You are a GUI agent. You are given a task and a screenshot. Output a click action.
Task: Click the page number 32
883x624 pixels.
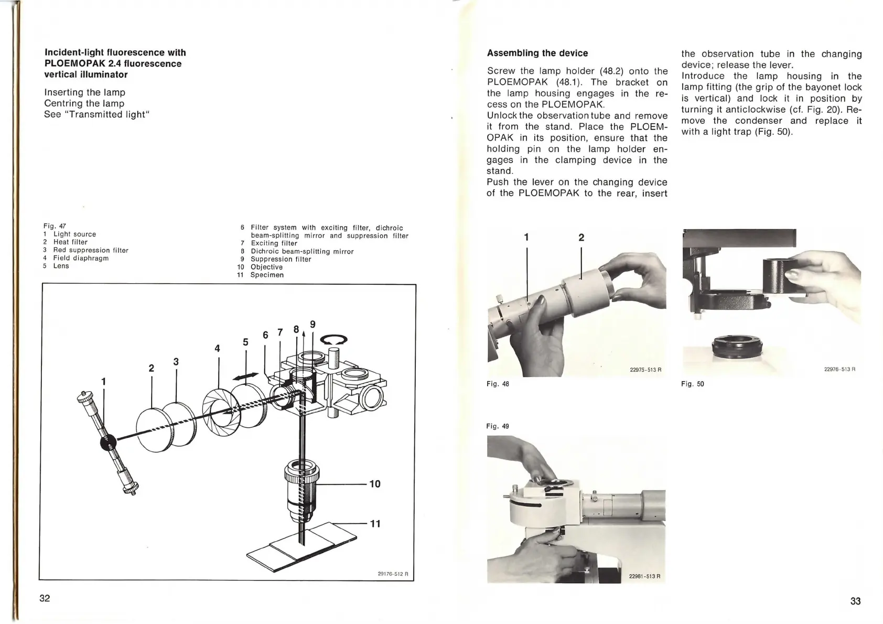[45, 598]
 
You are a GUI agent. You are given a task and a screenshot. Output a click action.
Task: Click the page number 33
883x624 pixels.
[855, 601]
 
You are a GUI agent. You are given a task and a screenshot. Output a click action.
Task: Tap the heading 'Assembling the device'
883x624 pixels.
[537, 53]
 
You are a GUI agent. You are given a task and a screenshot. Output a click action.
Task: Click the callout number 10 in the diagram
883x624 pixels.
[375, 484]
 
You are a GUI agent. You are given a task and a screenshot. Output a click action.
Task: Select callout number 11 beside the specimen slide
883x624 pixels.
[375, 523]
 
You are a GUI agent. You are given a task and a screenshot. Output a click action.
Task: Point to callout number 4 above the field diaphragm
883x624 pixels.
[217, 348]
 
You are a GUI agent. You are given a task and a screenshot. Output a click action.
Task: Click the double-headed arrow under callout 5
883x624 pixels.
[246, 376]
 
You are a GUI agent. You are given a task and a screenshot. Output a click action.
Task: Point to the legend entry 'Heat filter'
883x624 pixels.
[70, 242]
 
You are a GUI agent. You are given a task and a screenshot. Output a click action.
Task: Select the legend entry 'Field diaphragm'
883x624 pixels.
[81, 258]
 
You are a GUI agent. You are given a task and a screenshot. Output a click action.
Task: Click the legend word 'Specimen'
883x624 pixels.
[267, 275]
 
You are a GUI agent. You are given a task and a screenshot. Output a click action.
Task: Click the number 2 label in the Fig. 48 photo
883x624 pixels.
[581, 238]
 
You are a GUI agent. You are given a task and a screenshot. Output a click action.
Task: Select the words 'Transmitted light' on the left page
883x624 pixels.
[98, 114]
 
